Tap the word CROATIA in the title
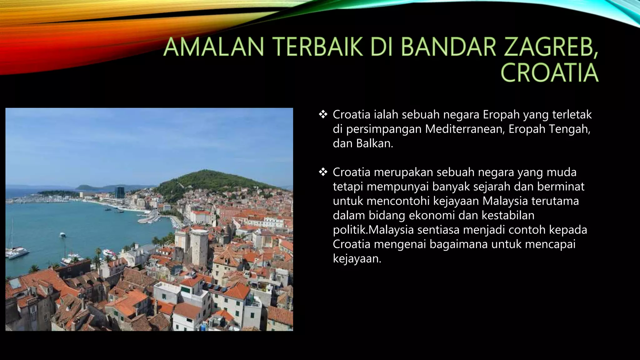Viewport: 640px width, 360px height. [549, 73]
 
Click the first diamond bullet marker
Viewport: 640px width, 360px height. [322, 115]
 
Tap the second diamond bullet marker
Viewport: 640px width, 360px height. [322, 172]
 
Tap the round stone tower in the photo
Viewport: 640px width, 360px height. [199, 244]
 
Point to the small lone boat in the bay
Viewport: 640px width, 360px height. [63, 235]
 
